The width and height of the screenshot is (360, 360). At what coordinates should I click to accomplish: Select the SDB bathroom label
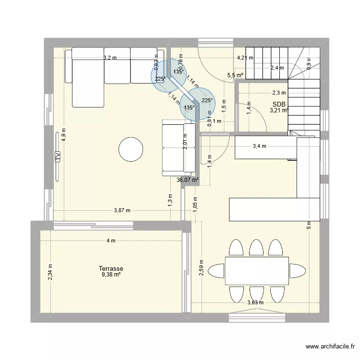tap(278, 104)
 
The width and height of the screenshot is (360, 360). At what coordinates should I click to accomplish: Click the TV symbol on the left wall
tap(57, 156)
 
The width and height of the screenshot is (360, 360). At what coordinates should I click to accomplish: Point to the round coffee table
tap(131, 150)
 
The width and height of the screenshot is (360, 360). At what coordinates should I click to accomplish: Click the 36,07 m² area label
tap(187, 180)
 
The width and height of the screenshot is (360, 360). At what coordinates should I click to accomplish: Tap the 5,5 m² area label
tap(235, 75)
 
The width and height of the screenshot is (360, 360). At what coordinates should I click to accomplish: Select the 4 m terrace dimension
tap(111, 241)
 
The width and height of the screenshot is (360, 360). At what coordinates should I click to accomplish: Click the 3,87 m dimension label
tap(123, 210)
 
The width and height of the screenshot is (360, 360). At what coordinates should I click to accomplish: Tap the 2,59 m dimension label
tap(202, 267)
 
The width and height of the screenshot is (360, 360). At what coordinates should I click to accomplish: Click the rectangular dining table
tap(257, 271)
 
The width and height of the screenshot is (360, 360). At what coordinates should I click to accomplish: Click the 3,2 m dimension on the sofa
tap(110, 58)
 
